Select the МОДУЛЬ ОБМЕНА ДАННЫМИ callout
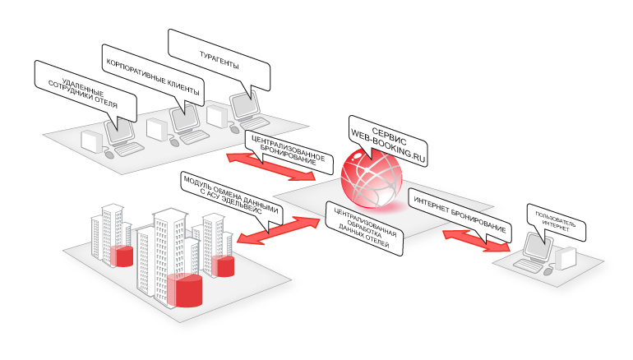(x=233, y=201)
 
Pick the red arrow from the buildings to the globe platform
(x=276, y=229)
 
